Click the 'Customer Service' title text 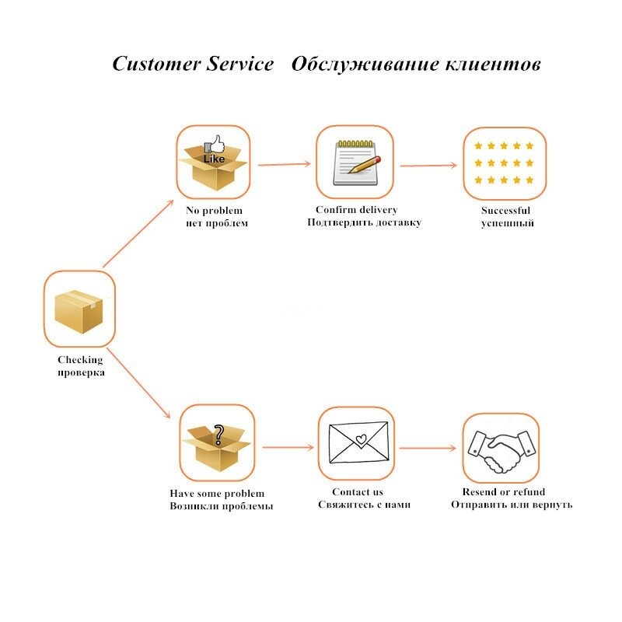pyautogui.click(x=193, y=64)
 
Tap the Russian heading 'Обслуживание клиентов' pyautogui.click(x=416, y=64)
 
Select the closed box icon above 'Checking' pyautogui.click(x=79, y=309)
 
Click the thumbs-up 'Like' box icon pyautogui.click(x=213, y=162)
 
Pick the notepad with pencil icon pyautogui.click(x=355, y=162)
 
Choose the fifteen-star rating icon pyautogui.click(x=505, y=163)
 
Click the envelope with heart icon pyautogui.click(x=358, y=444)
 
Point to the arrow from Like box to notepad pyautogui.click(x=284, y=164)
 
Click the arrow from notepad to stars pyautogui.click(x=427, y=166)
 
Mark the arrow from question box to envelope pyautogui.click(x=288, y=447)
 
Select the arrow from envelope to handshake pyautogui.click(x=427, y=448)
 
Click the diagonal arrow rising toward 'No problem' pyautogui.click(x=138, y=233)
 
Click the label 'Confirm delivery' pyautogui.click(x=356, y=210)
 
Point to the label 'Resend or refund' pyautogui.click(x=504, y=491)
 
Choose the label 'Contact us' pyautogui.click(x=358, y=491)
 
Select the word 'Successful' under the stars pyautogui.click(x=505, y=210)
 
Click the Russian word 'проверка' pyautogui.click(x=81, y=372)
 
